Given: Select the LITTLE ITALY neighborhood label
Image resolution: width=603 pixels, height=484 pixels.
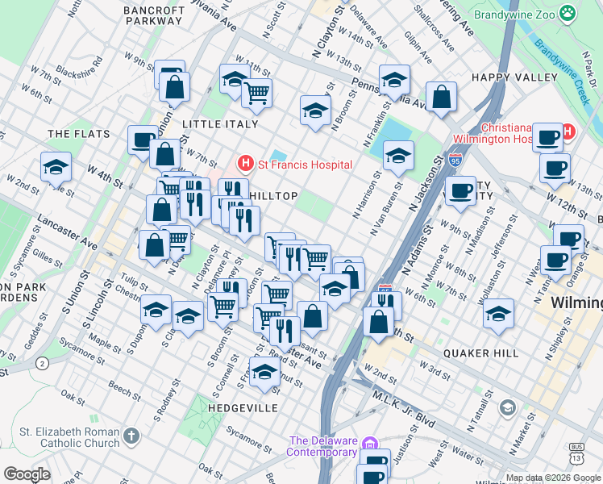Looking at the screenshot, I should (220, 124).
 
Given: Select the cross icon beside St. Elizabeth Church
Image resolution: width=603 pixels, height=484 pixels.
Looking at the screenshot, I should (131, 436).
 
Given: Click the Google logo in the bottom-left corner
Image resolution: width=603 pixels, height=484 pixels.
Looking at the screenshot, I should (27, 474).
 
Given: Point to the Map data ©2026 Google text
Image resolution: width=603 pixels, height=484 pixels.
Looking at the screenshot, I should (553, 478).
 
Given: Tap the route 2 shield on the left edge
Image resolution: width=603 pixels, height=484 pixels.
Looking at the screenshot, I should (40, 365).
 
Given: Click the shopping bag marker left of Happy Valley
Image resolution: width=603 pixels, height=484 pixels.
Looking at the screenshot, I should (442, 97).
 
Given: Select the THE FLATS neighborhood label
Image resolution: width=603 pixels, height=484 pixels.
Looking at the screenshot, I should (72, 133).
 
